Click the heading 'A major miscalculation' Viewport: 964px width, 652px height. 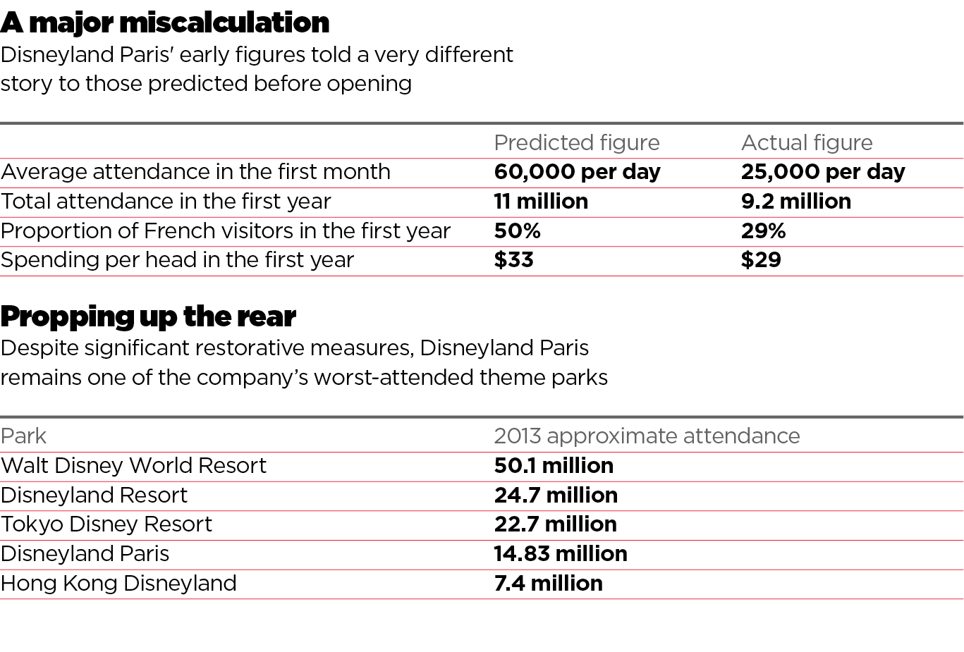[165, 23]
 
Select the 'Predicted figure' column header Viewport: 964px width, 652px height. [576, 143]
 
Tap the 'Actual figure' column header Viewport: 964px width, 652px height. [806, 143]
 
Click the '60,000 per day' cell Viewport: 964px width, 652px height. [577, 172]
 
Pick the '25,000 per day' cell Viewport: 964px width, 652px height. [822, 172]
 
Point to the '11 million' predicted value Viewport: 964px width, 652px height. [541, 202]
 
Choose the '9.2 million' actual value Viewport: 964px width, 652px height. [795, 202]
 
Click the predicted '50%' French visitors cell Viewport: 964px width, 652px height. [517, 231]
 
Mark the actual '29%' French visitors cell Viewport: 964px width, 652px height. [763, 231]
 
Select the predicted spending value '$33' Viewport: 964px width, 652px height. [513, 260]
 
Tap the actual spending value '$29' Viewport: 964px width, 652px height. [761, 260]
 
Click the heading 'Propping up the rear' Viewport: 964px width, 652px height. [148, 316]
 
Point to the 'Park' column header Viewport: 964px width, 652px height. [23, 436]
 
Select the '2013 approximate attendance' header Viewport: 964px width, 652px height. [647, 436]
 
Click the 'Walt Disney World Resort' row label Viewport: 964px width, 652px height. [133, 466]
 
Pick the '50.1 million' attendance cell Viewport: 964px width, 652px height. [554, 466]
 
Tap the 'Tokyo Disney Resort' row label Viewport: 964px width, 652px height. [106, 524]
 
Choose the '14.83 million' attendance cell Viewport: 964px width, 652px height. [561, 554]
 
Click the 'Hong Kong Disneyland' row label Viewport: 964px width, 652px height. [118, 584]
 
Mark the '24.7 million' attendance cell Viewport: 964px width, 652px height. [556, 496]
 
